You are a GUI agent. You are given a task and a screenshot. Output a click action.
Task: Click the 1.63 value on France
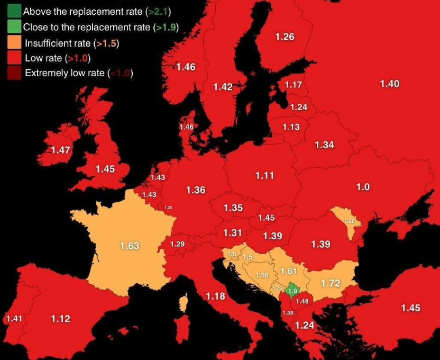point(130,246)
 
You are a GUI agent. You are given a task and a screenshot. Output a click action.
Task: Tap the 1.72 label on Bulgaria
point(331,283)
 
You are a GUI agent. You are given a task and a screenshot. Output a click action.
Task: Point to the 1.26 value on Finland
point(285,37)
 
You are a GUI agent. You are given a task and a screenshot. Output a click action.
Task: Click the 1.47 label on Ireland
point(61,150)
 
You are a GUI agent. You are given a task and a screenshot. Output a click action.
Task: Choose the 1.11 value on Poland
point(264,176)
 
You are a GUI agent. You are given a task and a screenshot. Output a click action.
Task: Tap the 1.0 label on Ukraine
point(363,187)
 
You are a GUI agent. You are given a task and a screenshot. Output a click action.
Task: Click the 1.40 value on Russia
point(390,84)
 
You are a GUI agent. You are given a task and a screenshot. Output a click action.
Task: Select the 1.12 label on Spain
point(61,318)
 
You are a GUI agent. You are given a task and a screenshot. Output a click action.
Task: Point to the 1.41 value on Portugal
point(14,319)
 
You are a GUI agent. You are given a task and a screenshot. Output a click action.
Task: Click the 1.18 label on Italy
point(215,296)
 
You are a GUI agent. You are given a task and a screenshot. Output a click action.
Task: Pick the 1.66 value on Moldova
point(349,221)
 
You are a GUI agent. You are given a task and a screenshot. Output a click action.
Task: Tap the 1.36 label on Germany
point(196,190)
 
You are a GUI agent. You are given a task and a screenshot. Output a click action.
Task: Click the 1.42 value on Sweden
point(223,87)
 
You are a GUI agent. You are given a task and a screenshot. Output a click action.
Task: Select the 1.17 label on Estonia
point(294,85)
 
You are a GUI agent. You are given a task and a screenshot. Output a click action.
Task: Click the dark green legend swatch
point(14,11)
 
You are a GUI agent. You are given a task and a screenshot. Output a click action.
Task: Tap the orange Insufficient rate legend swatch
point(14,43)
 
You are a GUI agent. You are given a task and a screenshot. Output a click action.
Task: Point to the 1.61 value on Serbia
point(289,271)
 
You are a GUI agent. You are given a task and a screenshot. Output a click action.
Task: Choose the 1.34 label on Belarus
point(324,145)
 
